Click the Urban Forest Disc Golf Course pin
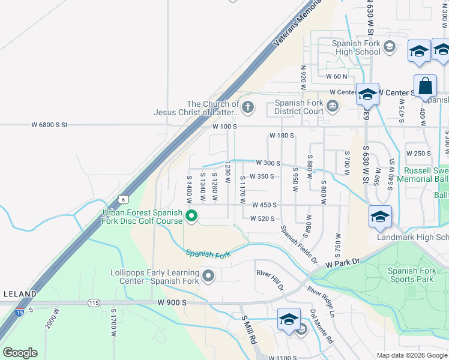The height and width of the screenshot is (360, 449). point(191,216)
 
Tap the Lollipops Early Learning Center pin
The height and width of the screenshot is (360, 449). point(208,276)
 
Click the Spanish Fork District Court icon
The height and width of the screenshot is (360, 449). point(333,107)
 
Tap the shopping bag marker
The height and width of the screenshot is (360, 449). point(425,86)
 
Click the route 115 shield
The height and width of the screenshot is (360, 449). point(94,303)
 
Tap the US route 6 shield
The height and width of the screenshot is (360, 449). point(123,199)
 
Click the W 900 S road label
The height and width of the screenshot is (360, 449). point(172,303)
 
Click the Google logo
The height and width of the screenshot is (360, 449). point(20,353)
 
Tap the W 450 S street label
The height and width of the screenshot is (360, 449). point(264,205)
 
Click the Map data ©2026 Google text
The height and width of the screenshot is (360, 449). point(412,355)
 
